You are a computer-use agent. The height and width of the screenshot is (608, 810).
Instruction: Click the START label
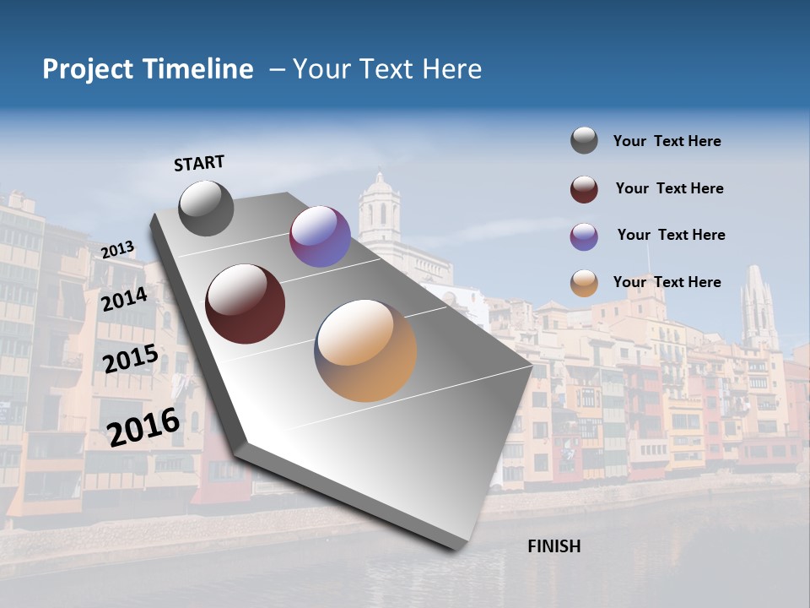[199, 163]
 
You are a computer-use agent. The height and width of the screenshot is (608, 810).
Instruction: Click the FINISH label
[553, 546]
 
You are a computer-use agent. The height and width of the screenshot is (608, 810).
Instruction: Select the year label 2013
[117, 250]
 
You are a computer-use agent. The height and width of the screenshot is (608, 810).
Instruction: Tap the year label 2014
[124, 299]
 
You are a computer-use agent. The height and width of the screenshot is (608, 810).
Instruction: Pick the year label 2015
[130, 359]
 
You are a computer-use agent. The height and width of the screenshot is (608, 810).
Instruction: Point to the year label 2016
[143, 426]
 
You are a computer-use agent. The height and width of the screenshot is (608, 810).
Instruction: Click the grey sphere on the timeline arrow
[206, 208]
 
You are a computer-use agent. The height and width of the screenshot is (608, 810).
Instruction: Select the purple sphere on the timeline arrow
[320, 236]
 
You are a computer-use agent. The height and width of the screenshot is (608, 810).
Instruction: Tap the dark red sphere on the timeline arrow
[246, 304]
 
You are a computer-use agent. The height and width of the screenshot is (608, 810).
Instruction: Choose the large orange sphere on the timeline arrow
[365, 350]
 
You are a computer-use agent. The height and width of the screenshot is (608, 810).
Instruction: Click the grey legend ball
[584, 141]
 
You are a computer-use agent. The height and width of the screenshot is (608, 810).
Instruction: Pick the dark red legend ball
[584, 189]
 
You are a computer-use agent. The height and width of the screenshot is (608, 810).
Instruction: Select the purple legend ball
[584, 236]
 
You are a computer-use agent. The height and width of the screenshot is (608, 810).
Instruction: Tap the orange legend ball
[584, 283]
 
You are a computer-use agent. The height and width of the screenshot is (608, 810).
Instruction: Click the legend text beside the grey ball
[667, 141]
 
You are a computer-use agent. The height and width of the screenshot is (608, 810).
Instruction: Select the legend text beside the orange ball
[667, 282]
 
